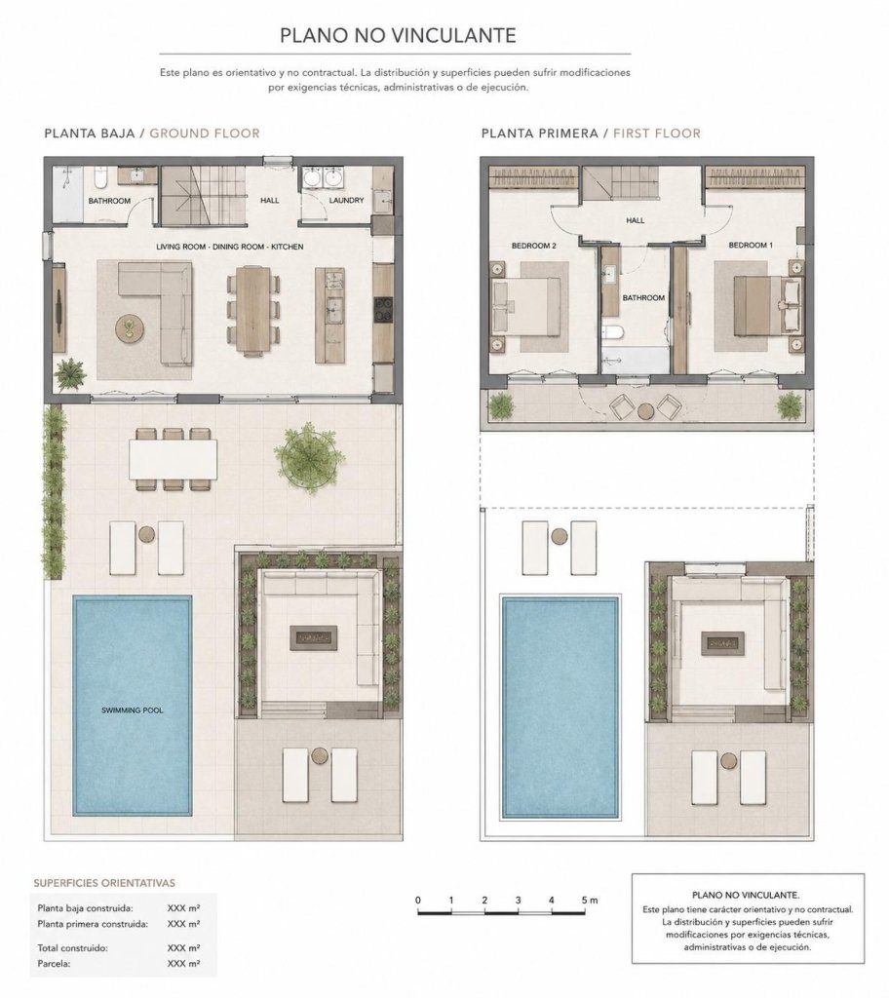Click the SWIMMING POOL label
pyautogui.click(x=133, y=710)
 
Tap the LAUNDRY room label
pyautogui.click(x=346, y=200)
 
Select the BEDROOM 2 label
pyautogui.click(x=534, y=246)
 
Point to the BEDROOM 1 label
pyautogui.click(x=751, y=245)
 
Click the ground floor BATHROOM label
pyautogui.click(x=109, y=201)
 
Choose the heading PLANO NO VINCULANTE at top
pyautogui.click(x=398, y=35)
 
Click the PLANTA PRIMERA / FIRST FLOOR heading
pyautogui.click(x=591, y=133)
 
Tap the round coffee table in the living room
pyautogui.click(x=130, y=329)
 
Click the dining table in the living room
pyautogui.click(x=252, y=309)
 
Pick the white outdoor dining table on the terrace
pyautogui.click(x=173, y=459)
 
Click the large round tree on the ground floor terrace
pyautogui.click(x=308, y=456)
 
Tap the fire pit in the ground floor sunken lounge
pyautogui.click(x=313, y=637)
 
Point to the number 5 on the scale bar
pyautogui.click(x=584, y=900)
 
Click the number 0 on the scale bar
pyautogui.click(x=418, y=900)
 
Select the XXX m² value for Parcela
pyautogui.click(x=183, y=964)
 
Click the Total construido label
pyautogui.click(x=72, y=947)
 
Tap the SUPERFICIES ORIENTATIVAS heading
pyautogui.click(x=103, y=883)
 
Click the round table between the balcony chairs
pyautogui.click(x=645, y=411)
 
